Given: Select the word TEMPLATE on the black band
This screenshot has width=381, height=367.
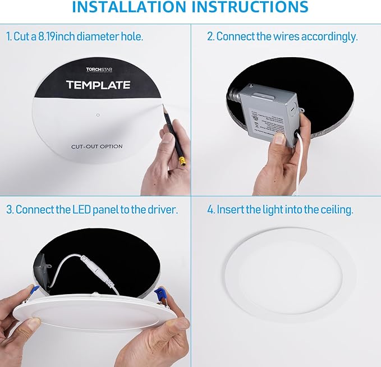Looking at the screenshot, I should [98, 85].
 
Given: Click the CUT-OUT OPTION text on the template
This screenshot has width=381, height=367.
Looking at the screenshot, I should [97, 146].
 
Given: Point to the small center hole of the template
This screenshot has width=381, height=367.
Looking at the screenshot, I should [98, 115].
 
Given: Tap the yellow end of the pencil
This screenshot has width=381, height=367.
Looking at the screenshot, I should [182, 162].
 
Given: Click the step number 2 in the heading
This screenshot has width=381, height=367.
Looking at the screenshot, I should [210, 36].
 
